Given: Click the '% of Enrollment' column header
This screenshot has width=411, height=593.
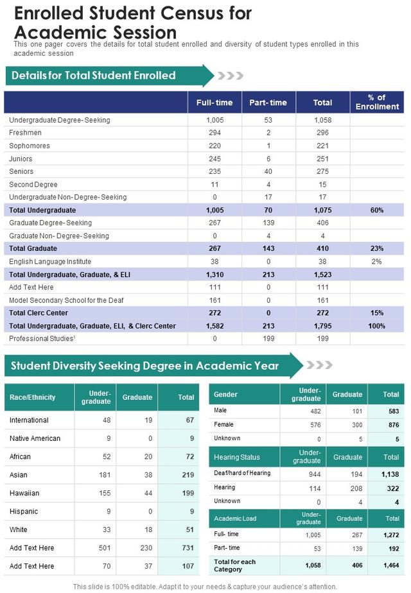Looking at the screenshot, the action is click(x=377, y=102).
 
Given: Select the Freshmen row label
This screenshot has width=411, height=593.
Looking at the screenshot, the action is click(x=25, y=133).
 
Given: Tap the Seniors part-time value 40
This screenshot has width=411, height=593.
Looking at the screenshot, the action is click(x=268, y=171).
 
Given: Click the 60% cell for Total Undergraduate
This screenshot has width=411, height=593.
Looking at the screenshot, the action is click(x=376, y=211).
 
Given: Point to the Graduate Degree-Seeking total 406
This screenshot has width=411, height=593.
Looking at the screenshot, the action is click(x=322, y=223).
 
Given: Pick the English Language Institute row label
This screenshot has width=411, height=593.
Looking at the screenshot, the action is click(x=50, y=261).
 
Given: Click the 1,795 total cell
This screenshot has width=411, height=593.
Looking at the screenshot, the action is click(x=322, y=326).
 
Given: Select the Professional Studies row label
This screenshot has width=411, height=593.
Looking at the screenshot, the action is click(x=42, y=338).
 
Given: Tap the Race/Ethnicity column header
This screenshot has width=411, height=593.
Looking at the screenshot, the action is click(x=32, y=397).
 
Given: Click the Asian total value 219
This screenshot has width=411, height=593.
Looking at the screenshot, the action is click(x=188, y=475).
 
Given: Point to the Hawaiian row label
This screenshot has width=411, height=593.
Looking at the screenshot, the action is click(x=24, y=493).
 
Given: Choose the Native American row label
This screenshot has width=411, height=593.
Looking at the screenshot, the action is click(x=35, y=438).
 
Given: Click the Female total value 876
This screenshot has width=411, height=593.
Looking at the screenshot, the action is click(x=394, y=425).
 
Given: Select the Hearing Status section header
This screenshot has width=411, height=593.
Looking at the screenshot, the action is click(x=237, y=457).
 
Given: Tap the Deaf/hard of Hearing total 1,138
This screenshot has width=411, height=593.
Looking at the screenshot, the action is click(x=390, y=474).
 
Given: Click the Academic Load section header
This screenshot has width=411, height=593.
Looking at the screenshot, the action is click(x=235, y=519).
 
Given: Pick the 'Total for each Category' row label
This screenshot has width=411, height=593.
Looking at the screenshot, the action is click(x=234, y=565).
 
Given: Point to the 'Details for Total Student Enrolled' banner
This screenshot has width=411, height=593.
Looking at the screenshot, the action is click(x=110, y=76).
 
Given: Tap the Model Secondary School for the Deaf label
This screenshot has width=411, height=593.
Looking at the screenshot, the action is click(x=66, y=300).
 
